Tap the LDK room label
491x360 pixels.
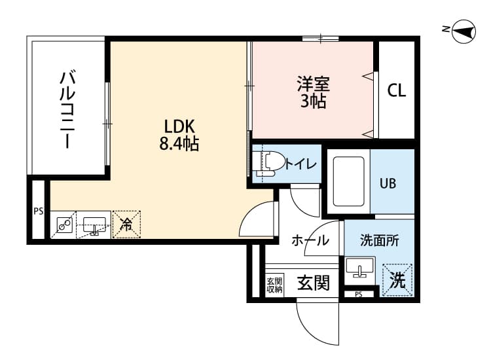coord(179,126)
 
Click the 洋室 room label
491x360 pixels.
coord(313,84)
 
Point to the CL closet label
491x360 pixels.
coord(396,90)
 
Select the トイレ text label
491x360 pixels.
coord(300,164)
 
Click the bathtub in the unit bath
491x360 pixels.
coord(348,181)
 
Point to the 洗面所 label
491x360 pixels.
coord(379,240)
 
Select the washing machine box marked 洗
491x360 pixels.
coord(397,279)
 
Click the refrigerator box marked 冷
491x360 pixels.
coord(126,224)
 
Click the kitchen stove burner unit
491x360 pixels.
coord(64,225)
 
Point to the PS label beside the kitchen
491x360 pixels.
coord(38,211)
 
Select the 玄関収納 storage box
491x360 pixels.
coord(274,285)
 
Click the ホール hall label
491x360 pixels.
coord(310,240)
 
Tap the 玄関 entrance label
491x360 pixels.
coord(313,283)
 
